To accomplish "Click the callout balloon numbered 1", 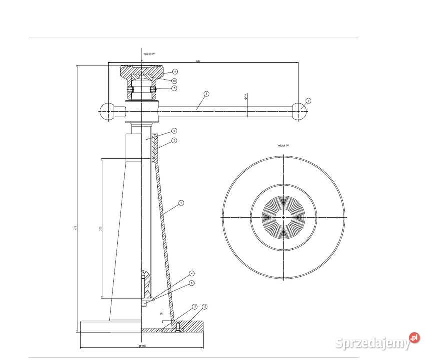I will (x=308, y=101).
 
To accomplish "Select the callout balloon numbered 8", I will (x=206, y=93).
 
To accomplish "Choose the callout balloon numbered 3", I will (x=174, y=130).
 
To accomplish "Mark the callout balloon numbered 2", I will (x=174, y=141).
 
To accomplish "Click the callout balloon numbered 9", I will (x=181, y=203).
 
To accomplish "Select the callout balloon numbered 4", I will (x=192, y=274).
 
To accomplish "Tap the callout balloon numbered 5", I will (x=192, y=283).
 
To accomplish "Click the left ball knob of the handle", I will (x=108, y=111).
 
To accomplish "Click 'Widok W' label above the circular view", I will (x=283, y=146).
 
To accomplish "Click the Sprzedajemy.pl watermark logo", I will (x=377, y=343).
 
